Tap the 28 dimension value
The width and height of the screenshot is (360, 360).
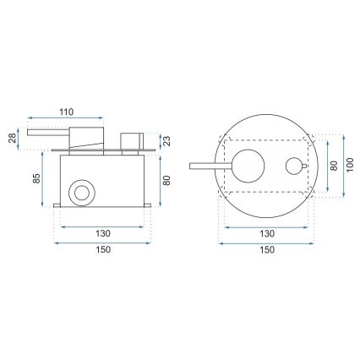pos(14,138)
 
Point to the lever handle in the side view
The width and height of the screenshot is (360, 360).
pos(51,133)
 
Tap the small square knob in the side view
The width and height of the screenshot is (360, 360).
pos(131,139)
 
